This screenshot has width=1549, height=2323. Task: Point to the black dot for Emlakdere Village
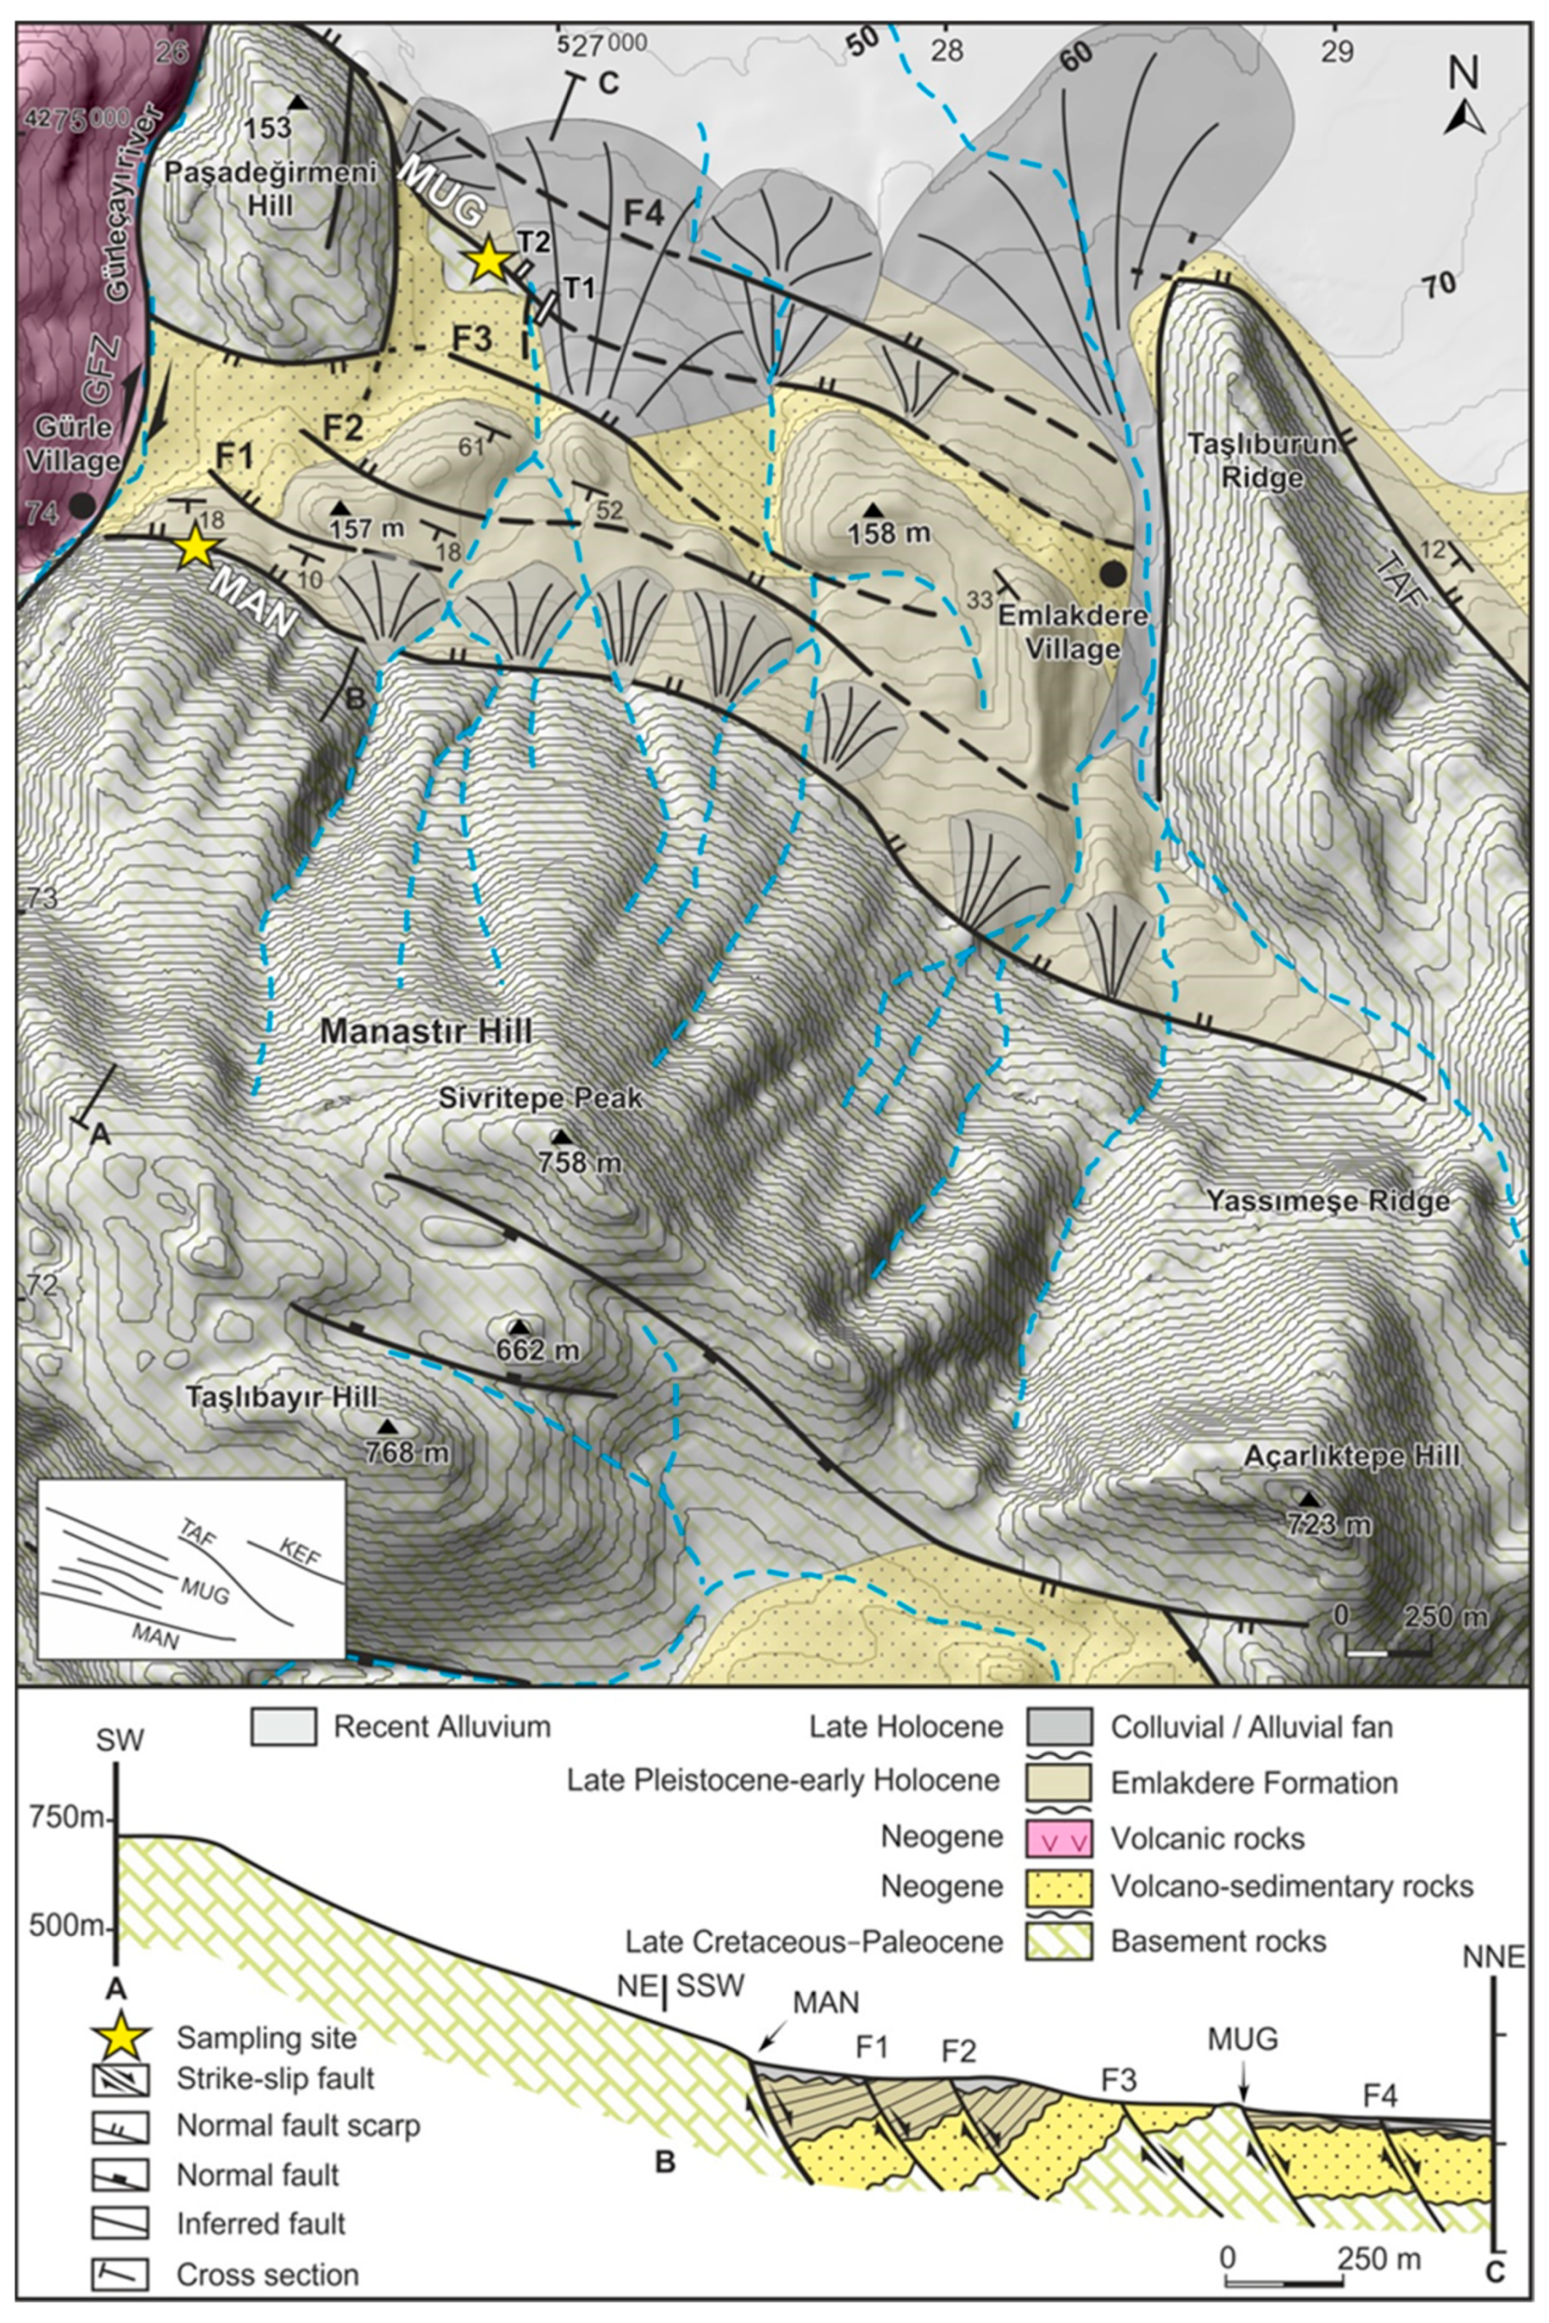click(1113, 572)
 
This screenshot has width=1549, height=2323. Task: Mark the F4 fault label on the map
click(643, 214)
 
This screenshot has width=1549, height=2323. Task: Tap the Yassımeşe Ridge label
click(1328, 1201)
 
